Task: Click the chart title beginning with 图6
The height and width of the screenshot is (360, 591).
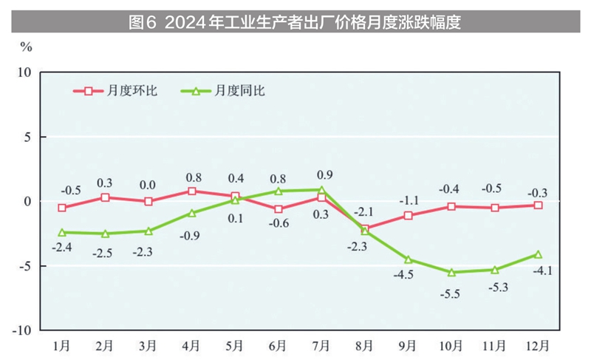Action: tap(295, 22)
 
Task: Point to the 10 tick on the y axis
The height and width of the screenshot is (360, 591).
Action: tap(24, 72)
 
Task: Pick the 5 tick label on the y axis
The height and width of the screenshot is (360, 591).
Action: tap(27, 137)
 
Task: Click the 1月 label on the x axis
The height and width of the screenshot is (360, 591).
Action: tap(62, 345)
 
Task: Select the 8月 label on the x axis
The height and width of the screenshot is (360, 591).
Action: tap(364, 345)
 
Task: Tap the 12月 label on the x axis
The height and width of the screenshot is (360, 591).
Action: tap(538, 345)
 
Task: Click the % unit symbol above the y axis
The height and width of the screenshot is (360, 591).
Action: tap(26, 47)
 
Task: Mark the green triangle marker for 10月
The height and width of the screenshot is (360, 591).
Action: tap(451, 272)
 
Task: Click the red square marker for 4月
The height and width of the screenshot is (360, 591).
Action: tap(192, 191)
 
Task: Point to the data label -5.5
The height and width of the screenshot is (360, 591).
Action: tap(451, 293)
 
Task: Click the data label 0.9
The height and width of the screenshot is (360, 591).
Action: tap(324, 174)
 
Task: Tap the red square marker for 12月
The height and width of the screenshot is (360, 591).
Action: tap(538, 205)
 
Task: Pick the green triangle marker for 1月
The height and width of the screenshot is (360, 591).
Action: tap(62, 232)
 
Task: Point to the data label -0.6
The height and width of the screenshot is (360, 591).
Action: tap(279, 224)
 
